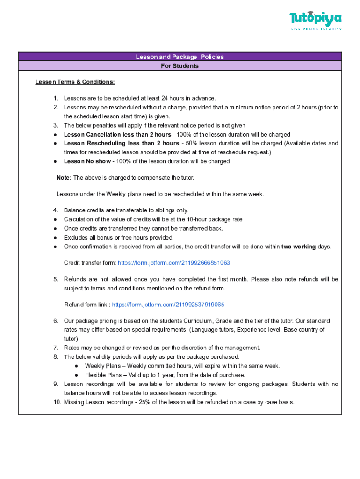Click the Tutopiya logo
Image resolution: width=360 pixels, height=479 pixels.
(316, 19)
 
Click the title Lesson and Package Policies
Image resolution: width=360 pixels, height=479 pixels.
(180, 57)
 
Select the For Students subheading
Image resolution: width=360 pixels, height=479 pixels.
(180, 66)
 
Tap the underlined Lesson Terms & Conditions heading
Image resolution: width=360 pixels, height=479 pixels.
(75, 82)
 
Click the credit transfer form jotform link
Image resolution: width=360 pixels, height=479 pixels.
(173, 263)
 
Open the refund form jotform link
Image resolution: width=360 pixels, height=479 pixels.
(168, 305)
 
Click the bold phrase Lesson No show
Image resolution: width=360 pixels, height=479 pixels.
(87, 161)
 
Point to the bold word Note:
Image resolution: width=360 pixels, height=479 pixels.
(64, 178)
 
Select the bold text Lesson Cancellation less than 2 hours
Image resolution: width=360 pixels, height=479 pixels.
(117, 135)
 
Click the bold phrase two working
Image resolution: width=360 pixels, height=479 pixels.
(298, 247)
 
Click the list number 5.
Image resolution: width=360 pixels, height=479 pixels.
(55, 279)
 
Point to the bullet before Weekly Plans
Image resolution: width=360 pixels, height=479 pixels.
(76, 366)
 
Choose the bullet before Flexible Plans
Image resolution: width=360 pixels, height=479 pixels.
(76, 375)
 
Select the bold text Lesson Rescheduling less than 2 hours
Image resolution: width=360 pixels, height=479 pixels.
(121, 143)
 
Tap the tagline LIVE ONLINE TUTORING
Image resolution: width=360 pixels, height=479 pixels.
(316, 29)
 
